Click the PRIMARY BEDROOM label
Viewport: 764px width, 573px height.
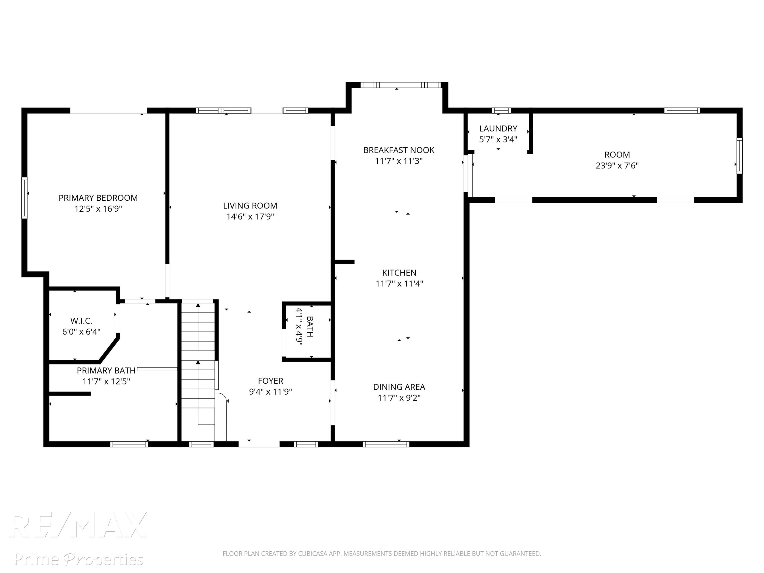click(98, 198)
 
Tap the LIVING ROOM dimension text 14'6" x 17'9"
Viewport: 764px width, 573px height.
click(250, 216)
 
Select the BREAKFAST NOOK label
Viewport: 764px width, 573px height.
click(399, 150)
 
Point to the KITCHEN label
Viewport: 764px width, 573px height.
click(399, 273)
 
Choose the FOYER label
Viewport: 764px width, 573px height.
click(270, 381)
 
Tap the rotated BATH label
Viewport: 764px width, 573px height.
click(310, 326)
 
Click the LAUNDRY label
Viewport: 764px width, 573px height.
click(498, 129)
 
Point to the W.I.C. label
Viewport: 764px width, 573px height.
click(81, 321)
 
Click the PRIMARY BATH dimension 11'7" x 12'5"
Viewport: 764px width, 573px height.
click(106, 381)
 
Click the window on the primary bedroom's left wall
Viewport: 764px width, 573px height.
click(24, 198)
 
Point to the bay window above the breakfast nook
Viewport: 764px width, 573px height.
click(401, 85)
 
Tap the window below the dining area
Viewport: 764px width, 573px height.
click(386, 444)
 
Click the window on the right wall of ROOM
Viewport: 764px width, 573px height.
click(740, 156)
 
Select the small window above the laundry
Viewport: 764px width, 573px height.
click(501, 111)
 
